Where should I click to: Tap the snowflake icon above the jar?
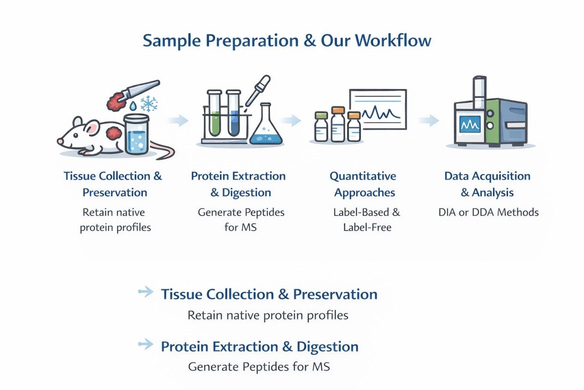(148, 104)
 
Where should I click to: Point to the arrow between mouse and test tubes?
(178, 121)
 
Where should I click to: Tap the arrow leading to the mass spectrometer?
(428, 121)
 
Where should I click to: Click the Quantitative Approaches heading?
(362, 184)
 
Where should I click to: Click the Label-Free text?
(367, 227)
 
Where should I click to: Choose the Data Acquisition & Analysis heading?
(487, 184)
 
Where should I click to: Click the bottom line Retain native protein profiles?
(268, 316)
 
